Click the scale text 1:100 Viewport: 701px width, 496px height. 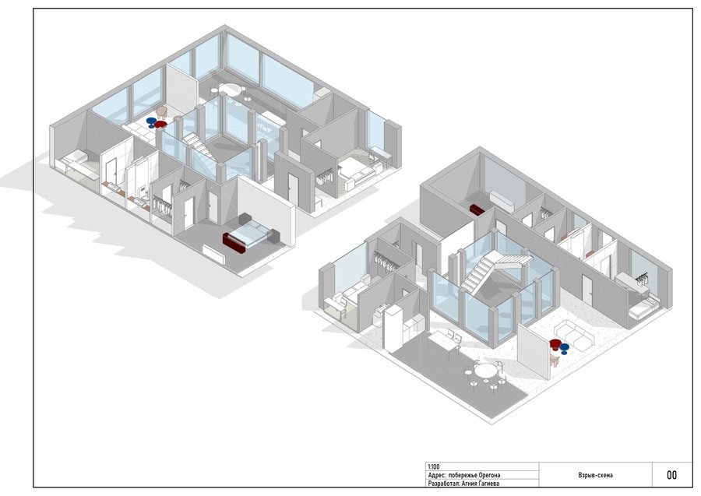[x=434, y=466]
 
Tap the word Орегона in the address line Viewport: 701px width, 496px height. [x=488, y=475]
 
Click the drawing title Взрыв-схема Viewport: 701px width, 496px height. [x=596, y=475]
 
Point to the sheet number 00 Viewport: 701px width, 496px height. [x=671, y=475]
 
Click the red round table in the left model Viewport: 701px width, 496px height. [x=160, y=125]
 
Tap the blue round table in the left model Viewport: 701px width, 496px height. [x=151, y=121]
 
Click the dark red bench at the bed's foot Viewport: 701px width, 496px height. [x=234, y=243]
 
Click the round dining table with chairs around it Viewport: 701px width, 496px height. [x=484, y=371]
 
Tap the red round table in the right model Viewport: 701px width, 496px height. [x=555, y=343]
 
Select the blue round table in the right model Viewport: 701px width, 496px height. [x=564, y=347]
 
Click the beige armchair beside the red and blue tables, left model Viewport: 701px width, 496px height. [x=161, y=111]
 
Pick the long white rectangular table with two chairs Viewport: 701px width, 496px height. [x=442, y=341]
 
